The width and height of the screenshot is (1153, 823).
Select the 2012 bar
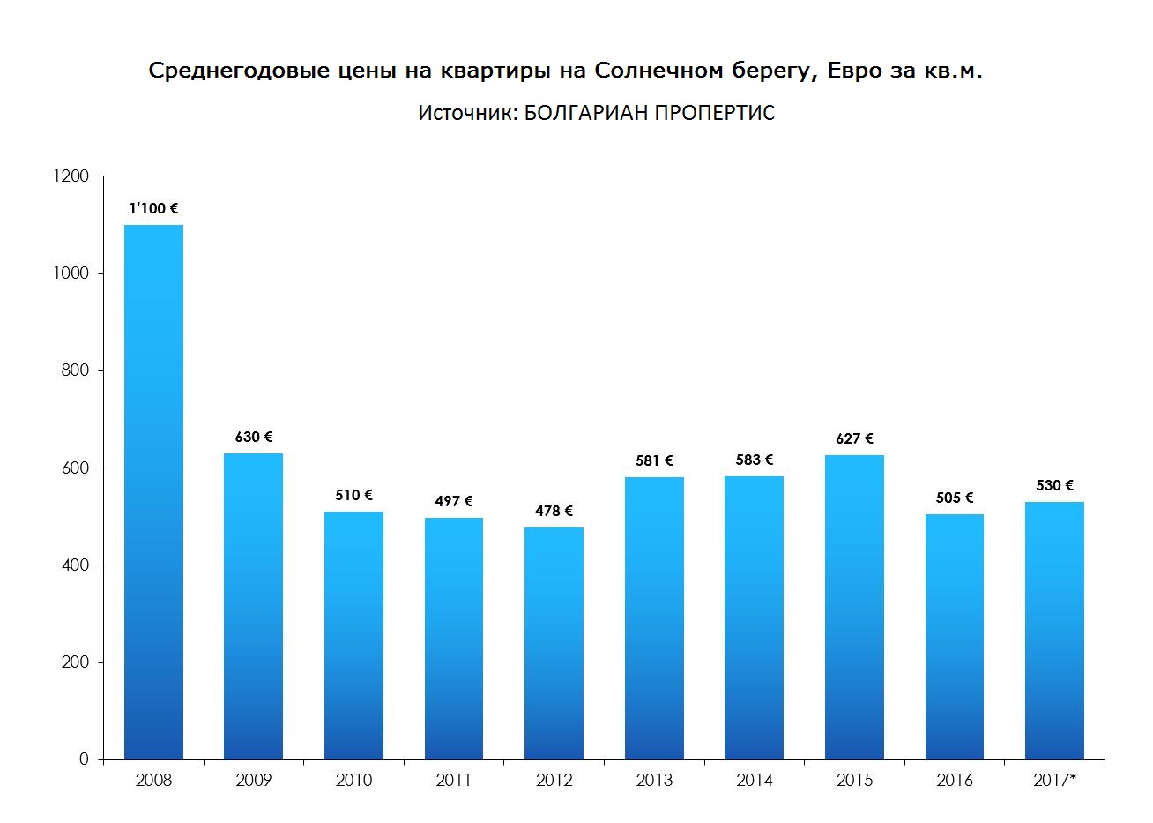(554, 643)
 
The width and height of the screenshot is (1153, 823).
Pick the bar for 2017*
(1054, 631)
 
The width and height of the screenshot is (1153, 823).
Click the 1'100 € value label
(153, 209)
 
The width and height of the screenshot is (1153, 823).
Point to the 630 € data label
(254, 437)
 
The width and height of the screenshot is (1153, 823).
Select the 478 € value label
(554, 511)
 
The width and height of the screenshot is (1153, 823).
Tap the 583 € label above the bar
(755, 460)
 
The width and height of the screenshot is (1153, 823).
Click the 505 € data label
(955, 498)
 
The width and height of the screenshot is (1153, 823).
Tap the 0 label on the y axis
(85, 759)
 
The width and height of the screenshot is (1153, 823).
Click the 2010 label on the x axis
(353, 781)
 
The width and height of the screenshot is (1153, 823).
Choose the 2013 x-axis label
(654, 781)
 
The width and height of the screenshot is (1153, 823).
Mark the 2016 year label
(955, 781)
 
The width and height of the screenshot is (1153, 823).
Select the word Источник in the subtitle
(462, 114)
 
